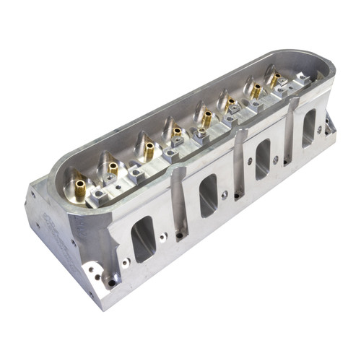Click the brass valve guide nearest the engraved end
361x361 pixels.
coord(78,188)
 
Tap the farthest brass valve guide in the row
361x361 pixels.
coord(274,82)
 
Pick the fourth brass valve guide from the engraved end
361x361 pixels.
coord(175,134)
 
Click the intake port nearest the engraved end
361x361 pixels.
coord(142,239)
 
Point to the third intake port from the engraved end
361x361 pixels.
coord(262,159)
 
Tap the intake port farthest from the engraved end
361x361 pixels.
coord(309,127)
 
